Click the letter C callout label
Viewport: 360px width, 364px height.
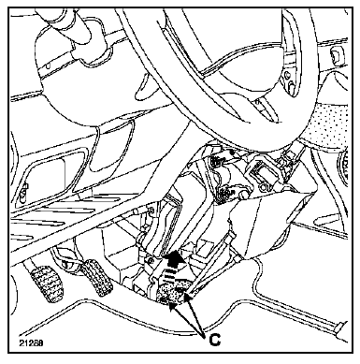[214, 340]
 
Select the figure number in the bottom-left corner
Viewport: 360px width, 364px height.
[31, 343]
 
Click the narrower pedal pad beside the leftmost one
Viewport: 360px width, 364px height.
[96, 277]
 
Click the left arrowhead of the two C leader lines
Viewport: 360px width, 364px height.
[171, 305]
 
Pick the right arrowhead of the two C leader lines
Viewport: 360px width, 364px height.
[188, 296]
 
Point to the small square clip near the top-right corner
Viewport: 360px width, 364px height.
[336, 55]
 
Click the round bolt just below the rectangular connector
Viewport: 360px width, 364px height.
[265, 188]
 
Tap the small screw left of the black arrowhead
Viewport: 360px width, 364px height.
[151, 261]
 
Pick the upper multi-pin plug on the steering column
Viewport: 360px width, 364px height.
[217, 160]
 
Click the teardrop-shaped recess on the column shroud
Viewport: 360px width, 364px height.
[146, 87]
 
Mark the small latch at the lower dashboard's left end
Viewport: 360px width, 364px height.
[22, 191]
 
